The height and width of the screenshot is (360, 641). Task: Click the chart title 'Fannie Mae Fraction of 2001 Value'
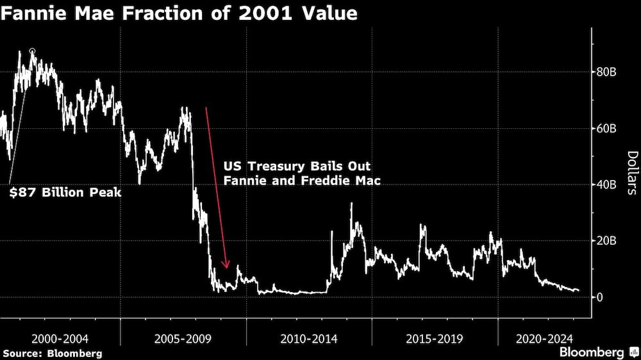click(179, 13)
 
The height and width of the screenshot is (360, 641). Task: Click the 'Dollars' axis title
click(631, 173)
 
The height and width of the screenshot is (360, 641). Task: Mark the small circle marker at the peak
click(33, 51)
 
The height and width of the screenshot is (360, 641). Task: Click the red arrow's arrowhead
click(226, 265)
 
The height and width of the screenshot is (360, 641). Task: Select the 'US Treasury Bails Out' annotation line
click(297, 166)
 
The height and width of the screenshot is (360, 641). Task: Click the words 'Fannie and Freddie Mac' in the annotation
click(302, 181)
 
